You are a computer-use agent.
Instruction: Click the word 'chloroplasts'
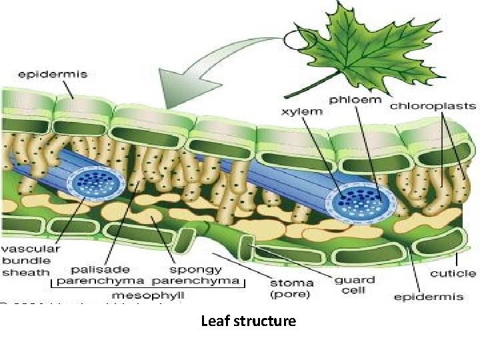point(433,105)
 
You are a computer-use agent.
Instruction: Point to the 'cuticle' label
point(453,273)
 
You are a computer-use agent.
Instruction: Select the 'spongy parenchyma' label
point(195,275)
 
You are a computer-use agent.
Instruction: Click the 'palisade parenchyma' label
point(101,275)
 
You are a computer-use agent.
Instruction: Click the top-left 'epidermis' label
point(55,74)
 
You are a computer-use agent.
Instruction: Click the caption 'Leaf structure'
point(248,321)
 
